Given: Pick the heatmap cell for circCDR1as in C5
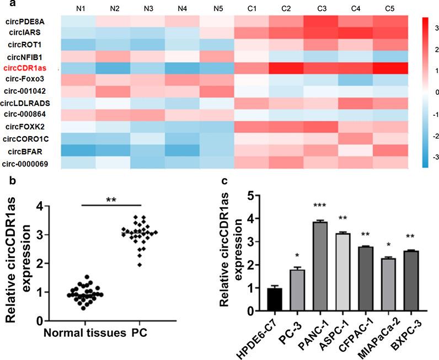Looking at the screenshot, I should click(x=391, y=68).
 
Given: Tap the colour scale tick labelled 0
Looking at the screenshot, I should click(x=431, y=91).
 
